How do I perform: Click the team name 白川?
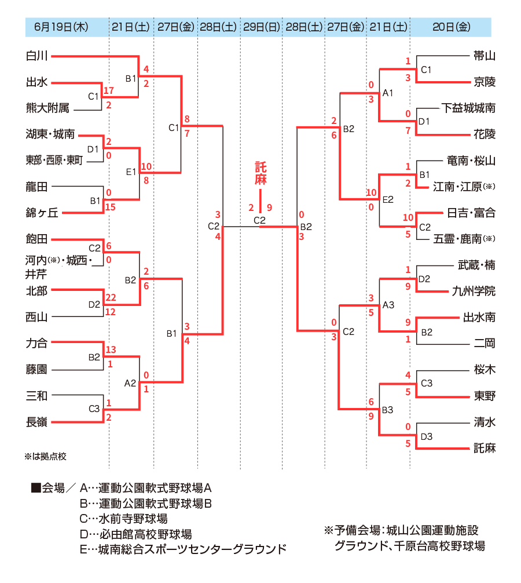pyautogui.click(x=37, y=56)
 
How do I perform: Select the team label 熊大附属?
pyautogui.click(x=47, y=108)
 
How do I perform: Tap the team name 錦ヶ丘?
pyautogui.click(x=42, y=213)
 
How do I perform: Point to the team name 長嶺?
pyautogui.click(x=37, y=422)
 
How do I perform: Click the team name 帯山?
pyautogui.click(x=485, y=56)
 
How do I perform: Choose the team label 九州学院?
pyautogui.click(x=474, y=291)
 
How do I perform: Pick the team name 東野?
pyautogui.click(x=485, y=396)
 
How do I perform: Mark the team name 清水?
pyautogui.click(x=485, y=422)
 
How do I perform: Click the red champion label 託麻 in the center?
pyautogui.click(x=260, y=173)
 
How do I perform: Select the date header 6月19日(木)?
pyautogui.click(x=61, y=27)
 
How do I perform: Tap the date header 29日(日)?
pyautogui.click(x=262, y=27)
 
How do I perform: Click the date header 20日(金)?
pyautogui.click(x=452, y=27)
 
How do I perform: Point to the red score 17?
pyautogui.click(x=108, y=90)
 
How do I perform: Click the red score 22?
pyautogui.click(x=111, y=297)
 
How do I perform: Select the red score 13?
pyautogui.click(x=111, y=349)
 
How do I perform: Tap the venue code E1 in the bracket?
pyautogui.click(x=131, y=172)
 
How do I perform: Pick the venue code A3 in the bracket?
pyautogui.click(x=388, y=305)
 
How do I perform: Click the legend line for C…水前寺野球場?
pyautogui.click(x=124, y=519)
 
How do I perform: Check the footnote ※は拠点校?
pyautogui.click(x=45, y=456)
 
